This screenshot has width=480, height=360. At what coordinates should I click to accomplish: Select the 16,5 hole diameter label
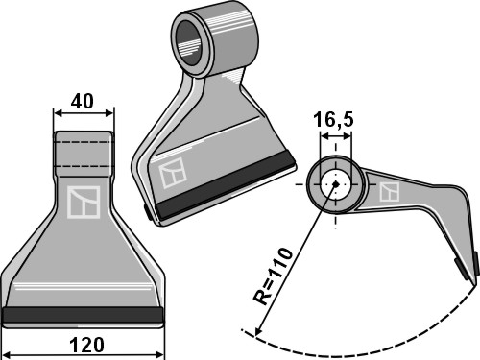pos(333,121)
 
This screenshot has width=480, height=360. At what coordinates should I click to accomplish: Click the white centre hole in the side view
pos(334,186)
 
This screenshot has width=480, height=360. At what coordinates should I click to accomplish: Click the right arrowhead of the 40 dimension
pos(110,112)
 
